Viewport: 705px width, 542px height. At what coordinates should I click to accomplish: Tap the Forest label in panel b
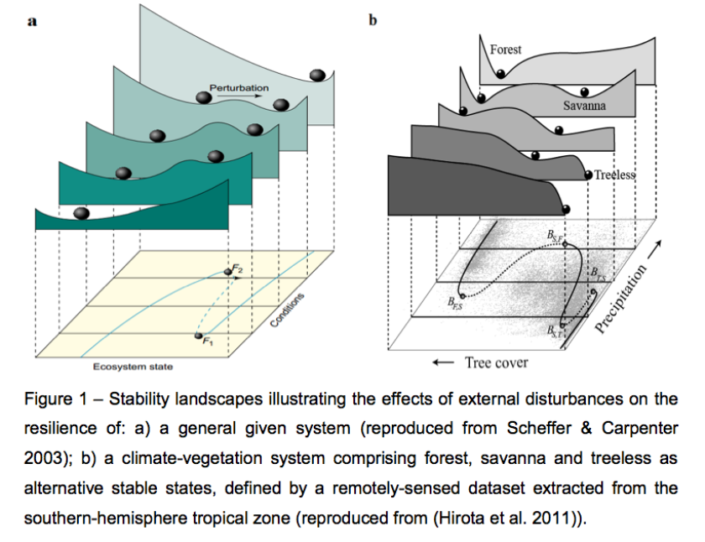505,50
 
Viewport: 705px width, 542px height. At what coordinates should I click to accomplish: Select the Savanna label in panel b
585,107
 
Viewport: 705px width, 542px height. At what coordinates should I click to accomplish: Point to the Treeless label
615,175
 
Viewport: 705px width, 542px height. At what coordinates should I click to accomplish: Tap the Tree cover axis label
496,362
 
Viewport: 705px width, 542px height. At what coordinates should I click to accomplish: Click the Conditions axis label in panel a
288,310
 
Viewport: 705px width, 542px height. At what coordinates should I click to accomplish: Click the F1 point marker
199,336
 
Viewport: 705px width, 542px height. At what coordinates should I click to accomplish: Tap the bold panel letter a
32,22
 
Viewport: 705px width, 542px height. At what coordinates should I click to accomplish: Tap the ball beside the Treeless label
589,175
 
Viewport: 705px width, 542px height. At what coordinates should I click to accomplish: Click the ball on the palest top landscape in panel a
318,76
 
